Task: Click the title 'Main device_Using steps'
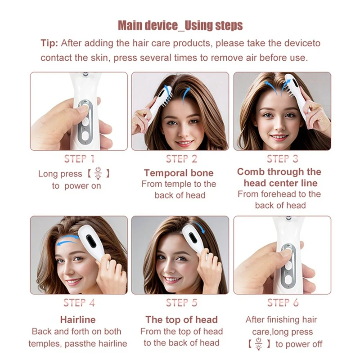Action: (x=180, y=25)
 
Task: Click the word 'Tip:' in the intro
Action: (x=49, y=43)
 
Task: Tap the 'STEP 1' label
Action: (x=79, y=159)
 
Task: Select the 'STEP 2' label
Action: (x=181, y=159)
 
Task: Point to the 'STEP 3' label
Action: (x=282, y=158)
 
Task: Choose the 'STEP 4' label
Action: (x=79, y=303)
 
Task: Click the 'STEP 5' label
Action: (x=181, y=303)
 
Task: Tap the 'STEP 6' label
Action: (x=282, y=303)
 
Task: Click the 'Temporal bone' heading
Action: (x=179, y=173)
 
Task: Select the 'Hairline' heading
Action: (x=78, y=319)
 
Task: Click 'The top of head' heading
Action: (x=181, y=319)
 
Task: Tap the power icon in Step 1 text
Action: (x=99, y=174)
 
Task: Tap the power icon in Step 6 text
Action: (x=259, y=344)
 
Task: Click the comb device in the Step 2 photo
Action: (x=155, y=97)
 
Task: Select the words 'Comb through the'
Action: (x=279, y=172)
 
